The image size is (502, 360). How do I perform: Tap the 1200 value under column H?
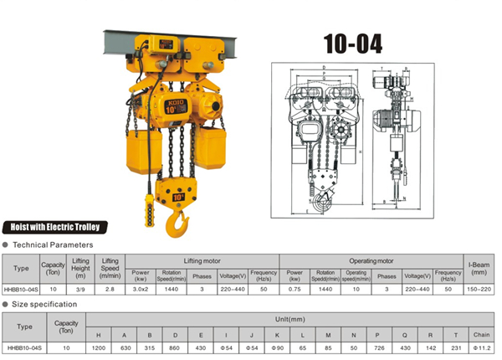point(99,345)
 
